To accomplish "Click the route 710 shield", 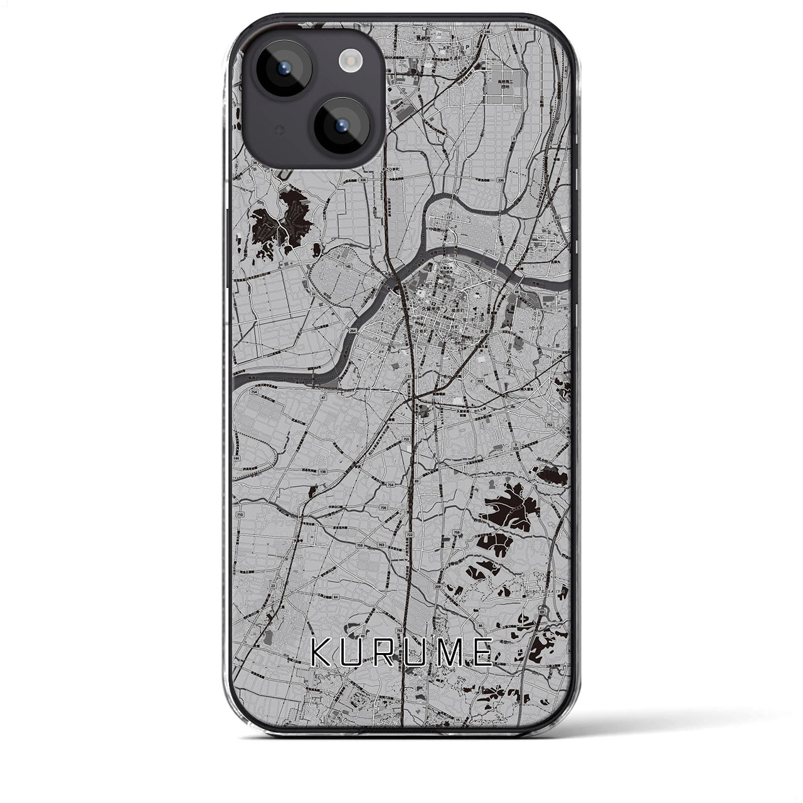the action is (x=240, y=514).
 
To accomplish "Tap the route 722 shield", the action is (x=410, y=534).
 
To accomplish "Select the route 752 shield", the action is (x=550, y=425).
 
